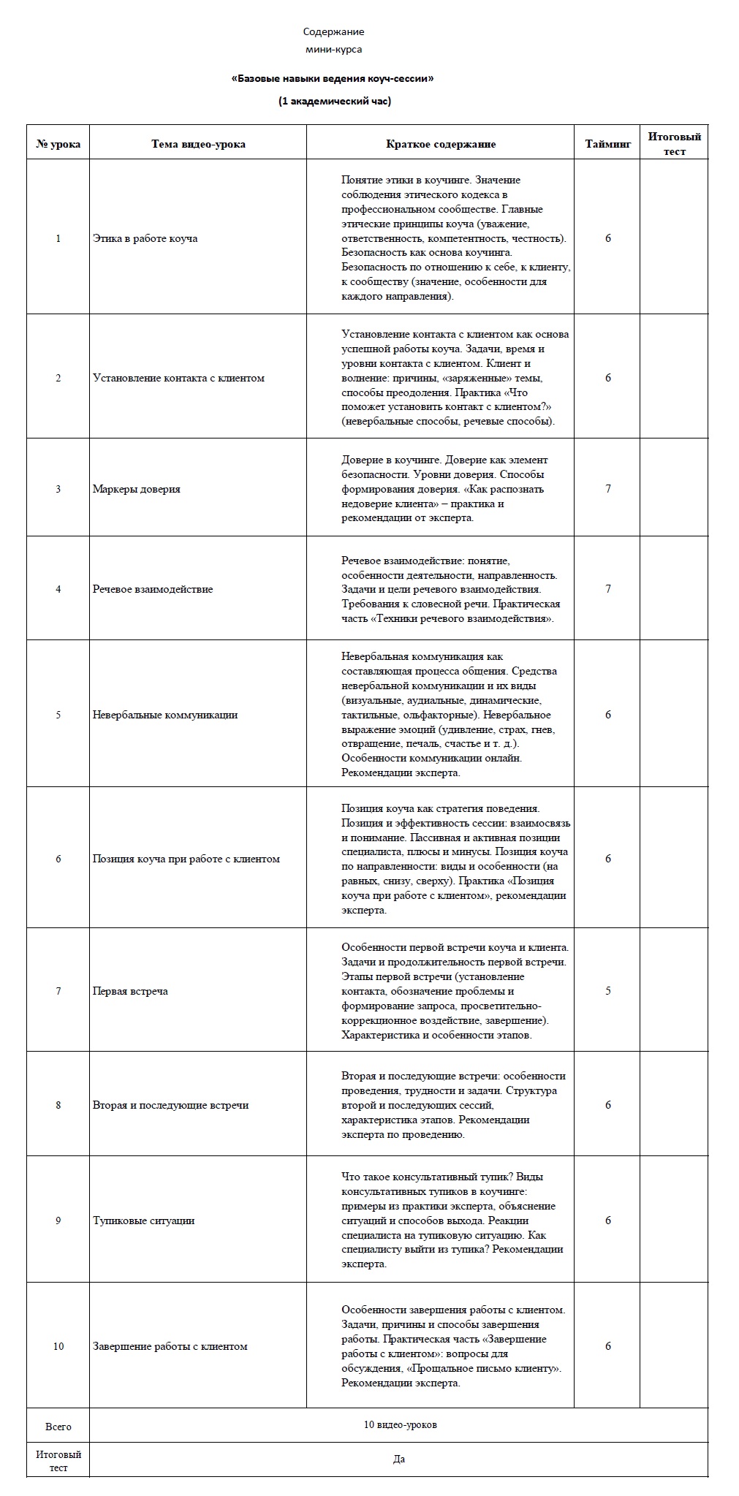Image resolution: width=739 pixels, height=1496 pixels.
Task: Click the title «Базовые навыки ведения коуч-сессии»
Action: (x=333, y=78)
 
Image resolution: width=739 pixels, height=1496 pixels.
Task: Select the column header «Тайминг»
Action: (x=607, y=144)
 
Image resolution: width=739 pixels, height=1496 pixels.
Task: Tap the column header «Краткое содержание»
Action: (x=441, y=144)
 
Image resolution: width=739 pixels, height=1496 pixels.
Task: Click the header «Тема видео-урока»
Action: (x=198, y=144)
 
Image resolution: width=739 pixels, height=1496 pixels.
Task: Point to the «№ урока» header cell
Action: (x=58, y=144)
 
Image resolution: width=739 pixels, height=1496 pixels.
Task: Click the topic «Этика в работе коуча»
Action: (x=145, y=238)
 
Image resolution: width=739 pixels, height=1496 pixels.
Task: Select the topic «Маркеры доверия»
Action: (x=136, y=489)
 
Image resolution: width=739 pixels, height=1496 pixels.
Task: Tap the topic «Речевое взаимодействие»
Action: (x=153, y=589)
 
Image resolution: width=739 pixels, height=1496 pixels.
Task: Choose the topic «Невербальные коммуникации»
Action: (x=165, y=715)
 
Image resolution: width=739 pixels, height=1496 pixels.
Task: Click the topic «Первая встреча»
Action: (x=130, y=991)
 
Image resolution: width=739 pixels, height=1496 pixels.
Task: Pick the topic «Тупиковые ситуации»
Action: (x=143, y=1220)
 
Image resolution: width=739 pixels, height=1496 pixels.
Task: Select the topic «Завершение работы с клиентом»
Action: (x=170, y=1346)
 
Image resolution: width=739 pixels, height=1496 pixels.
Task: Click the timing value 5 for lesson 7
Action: (x=608, y=991)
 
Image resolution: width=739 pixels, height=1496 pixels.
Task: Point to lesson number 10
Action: (x=58, y=1346)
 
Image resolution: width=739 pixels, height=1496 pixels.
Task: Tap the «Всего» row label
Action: (x=58, y=1427)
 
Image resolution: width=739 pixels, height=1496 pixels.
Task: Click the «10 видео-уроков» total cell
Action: (x=400, y=1425)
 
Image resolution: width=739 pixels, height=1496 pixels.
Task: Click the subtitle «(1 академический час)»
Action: (x=334, y=102)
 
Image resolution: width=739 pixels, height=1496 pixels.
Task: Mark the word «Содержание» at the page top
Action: (x=333, y=32)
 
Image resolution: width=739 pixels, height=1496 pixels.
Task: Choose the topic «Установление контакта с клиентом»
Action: (x=178, y=378)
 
